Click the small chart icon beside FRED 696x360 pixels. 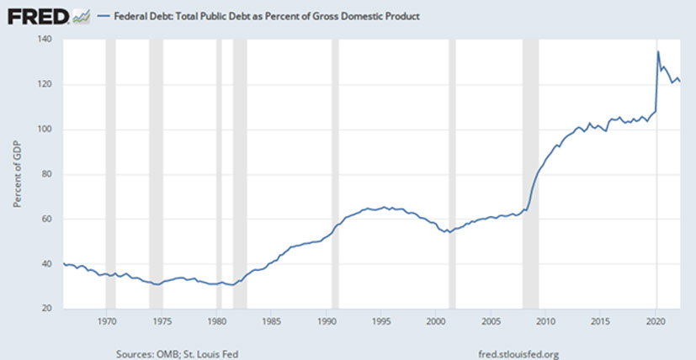[82, 15]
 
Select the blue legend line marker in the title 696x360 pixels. [104, 16]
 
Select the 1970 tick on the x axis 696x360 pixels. [107, 321]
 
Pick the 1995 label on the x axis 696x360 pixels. [380, 321]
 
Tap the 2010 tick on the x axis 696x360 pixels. [545, 321]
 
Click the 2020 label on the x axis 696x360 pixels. [655, 321]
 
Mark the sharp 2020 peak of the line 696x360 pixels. [657, 52]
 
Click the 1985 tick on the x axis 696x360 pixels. [271, 321]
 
